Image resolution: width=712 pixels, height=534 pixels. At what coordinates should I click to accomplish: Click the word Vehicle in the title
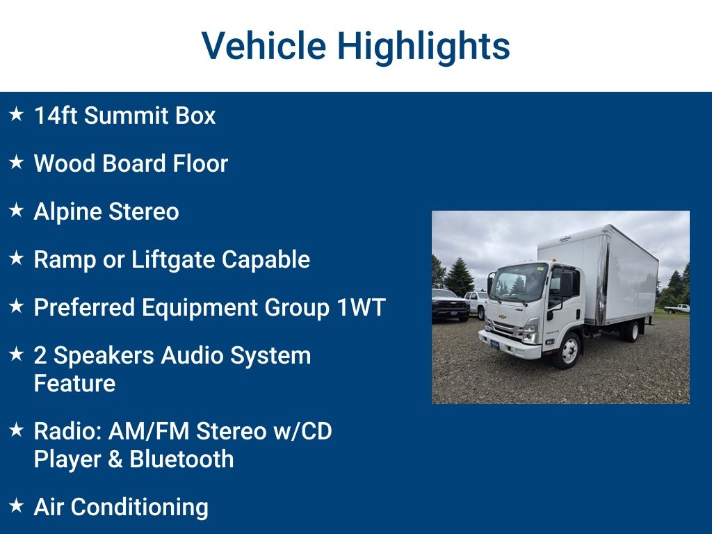tap(264, 46)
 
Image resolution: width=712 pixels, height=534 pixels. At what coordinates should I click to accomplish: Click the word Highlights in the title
tap(423, 46)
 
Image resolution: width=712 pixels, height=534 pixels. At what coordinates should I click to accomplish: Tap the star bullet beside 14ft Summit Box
tap(17, 114)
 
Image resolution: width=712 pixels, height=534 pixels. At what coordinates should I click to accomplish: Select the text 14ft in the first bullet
tap(56, 115)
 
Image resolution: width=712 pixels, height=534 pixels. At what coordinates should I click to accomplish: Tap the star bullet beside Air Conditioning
tap(17, 505)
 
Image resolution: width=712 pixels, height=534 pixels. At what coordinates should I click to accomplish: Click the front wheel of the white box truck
tap(567, 350)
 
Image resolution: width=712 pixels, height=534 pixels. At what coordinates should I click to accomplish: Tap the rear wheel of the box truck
tap(631, 331)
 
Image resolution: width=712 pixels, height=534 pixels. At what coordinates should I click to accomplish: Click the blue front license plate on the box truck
tap(494, 343)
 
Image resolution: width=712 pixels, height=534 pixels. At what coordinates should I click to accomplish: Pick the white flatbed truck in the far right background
tap(677, 308)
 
